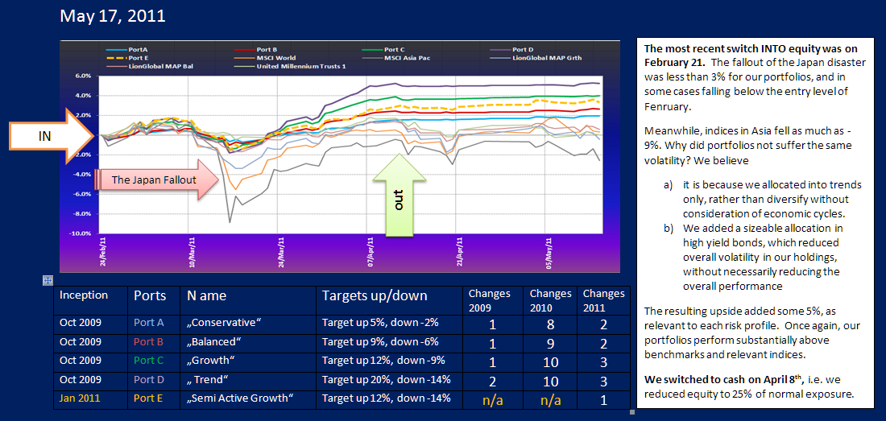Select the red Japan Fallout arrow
click(x=157, y=180)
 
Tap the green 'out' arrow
click(x=397, y=198)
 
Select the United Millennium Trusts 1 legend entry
click(x=296, y=66)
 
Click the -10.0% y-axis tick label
click(x=81, y=233)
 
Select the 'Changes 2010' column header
click(x=550, y=300)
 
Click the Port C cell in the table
click(x=149, y=360)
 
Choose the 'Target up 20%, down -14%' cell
click(x=386, y=379)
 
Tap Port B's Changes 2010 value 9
click(x=550, y=341)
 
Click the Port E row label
click(x=149, y=398)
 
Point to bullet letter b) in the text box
click(x=668, y=229)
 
